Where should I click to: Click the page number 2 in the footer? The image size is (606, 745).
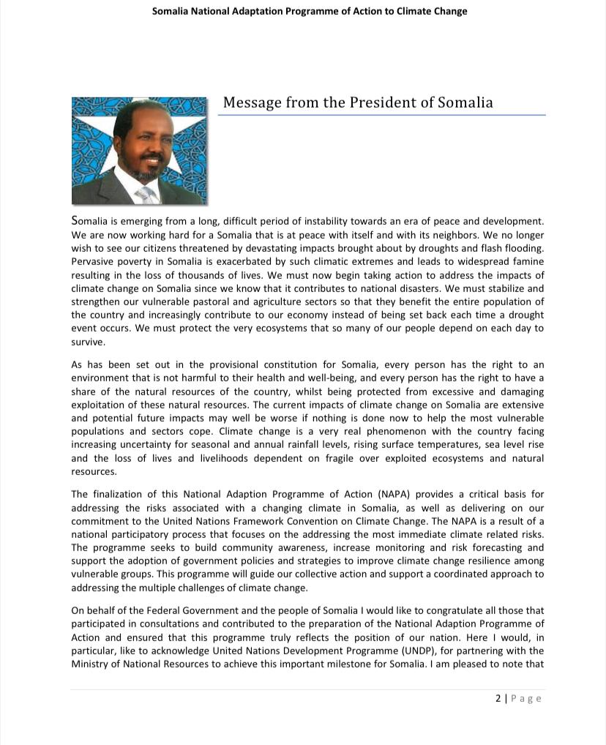(x=498, y=698)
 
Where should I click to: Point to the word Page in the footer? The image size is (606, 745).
(x=526, y=698)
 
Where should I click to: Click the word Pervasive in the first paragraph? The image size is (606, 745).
(x=93, y=261)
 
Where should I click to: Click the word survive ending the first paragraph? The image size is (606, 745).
(x=87, y=342)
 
